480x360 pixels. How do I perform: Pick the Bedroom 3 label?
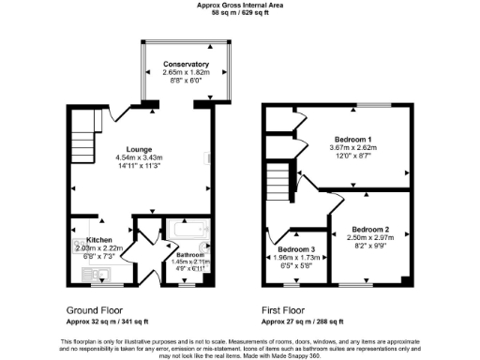click(299, 248)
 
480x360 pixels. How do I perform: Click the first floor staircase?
click(278, 178)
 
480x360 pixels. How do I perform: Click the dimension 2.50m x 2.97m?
click(370, 239)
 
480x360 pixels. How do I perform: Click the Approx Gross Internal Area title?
click(239, 5)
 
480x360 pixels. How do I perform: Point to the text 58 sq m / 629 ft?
click(239, 12)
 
